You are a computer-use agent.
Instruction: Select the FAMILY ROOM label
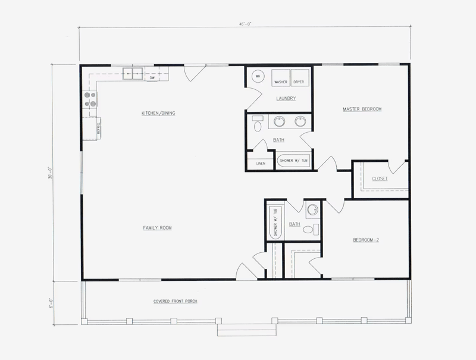point(158,227)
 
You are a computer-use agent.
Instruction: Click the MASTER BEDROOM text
point(362,109)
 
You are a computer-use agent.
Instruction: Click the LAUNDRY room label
point(286,98)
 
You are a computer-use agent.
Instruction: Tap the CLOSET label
point(380,179)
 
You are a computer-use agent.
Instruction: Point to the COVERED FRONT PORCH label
point(176,302)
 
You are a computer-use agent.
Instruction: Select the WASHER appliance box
point(281,78)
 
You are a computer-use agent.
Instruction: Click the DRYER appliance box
point(299,78)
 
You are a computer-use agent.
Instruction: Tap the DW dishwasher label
point(152,78)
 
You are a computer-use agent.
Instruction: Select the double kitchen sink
point(132,74)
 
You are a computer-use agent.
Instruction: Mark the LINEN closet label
point(260,163)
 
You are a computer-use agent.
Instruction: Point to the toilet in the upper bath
point(257,126)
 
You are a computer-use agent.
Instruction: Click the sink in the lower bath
point(312,210)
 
